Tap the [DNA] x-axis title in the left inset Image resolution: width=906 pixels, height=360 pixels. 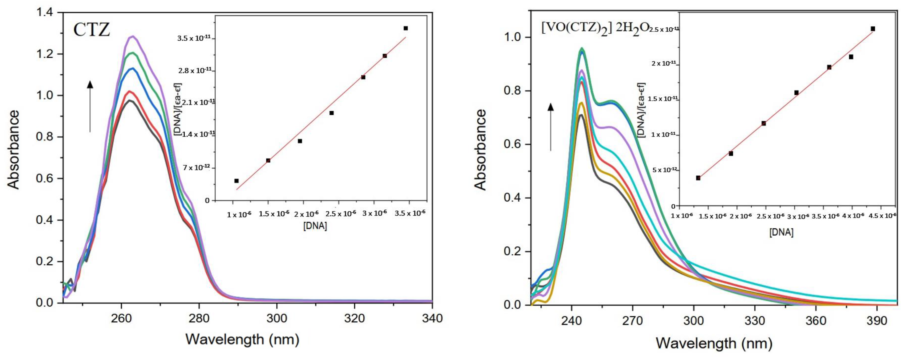[315, 226]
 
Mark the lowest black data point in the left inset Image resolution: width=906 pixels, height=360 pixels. [236, 181]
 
